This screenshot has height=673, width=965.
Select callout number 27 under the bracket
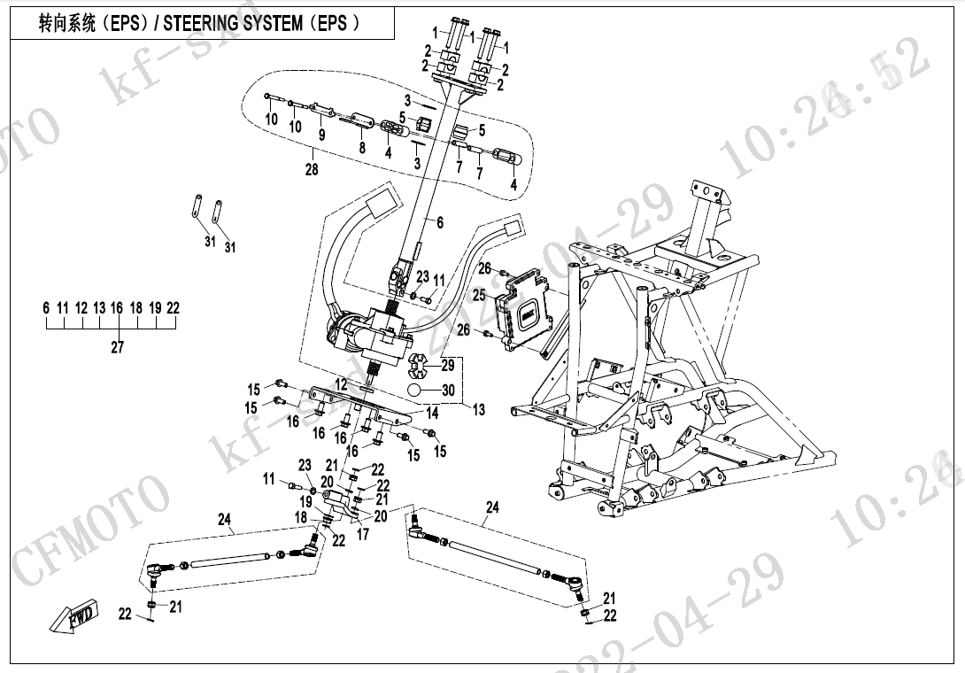(117, 347)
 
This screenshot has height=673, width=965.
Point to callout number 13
(479, 409)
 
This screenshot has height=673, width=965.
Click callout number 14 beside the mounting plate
(433, 413)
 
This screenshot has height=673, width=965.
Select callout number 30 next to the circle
(448, 391)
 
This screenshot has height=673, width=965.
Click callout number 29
(448, 365)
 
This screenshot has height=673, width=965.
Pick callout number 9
(321, 135)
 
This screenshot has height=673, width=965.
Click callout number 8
(361, 148)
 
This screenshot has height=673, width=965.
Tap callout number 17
(362, 535)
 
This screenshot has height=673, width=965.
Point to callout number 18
(301, 517)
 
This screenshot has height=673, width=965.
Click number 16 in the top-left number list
(117, 308)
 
